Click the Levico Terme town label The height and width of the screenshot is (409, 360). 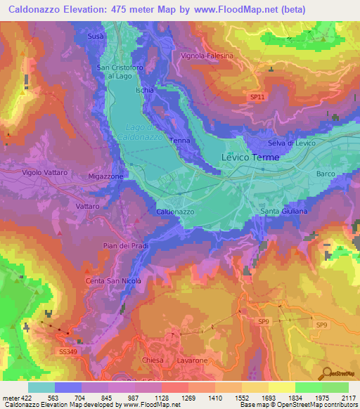click(x=251, y=157)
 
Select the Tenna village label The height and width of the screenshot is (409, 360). click(x=179, y=141)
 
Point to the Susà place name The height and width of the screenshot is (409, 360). click(x=96, y=35)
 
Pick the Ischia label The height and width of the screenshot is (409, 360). click(x=144, y=90)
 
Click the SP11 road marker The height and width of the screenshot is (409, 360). click(x=257, y=98)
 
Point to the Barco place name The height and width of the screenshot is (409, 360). click(x=326, y=173)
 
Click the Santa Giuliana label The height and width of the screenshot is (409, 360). click(x=283, y=212)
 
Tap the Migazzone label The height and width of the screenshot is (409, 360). click(x=105, y=176)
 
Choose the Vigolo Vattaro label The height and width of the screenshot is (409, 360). click(x=44, y=172)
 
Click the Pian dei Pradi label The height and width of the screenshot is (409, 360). click(x=124, y=245)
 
